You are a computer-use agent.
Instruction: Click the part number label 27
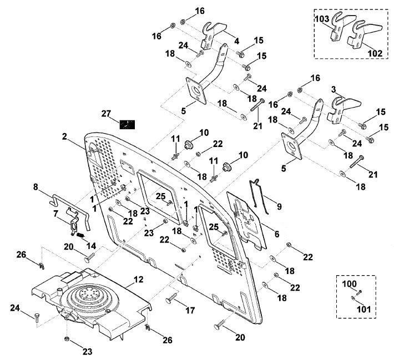[x=106, y=114]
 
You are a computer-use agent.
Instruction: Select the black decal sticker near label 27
[x=127, y=124]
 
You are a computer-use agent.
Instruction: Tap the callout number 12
[x=138, y=280]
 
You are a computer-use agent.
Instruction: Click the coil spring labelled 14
[x=80, y=235]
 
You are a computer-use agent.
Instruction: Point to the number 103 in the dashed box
[x=322, y=19]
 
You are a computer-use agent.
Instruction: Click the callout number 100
[x=350, y=284]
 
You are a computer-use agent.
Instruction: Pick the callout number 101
[x=363, y=309]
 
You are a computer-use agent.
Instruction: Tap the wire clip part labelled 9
[x=259, y=196]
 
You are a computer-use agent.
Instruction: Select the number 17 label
[x=190, y=311]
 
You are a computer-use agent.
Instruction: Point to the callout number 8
[x=36, y=187]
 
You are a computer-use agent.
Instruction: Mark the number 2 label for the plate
[x=64, y=136]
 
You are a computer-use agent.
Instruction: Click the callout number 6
[x=277, y=234]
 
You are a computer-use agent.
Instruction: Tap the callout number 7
[x=56, y=214]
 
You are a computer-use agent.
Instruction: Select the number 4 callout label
[x=236, y=41]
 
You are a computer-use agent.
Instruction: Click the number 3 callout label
[x=334, y=89]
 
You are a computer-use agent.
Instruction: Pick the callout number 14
[x=91, y=245]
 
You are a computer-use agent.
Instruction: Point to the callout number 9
[x=279, y=206]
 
